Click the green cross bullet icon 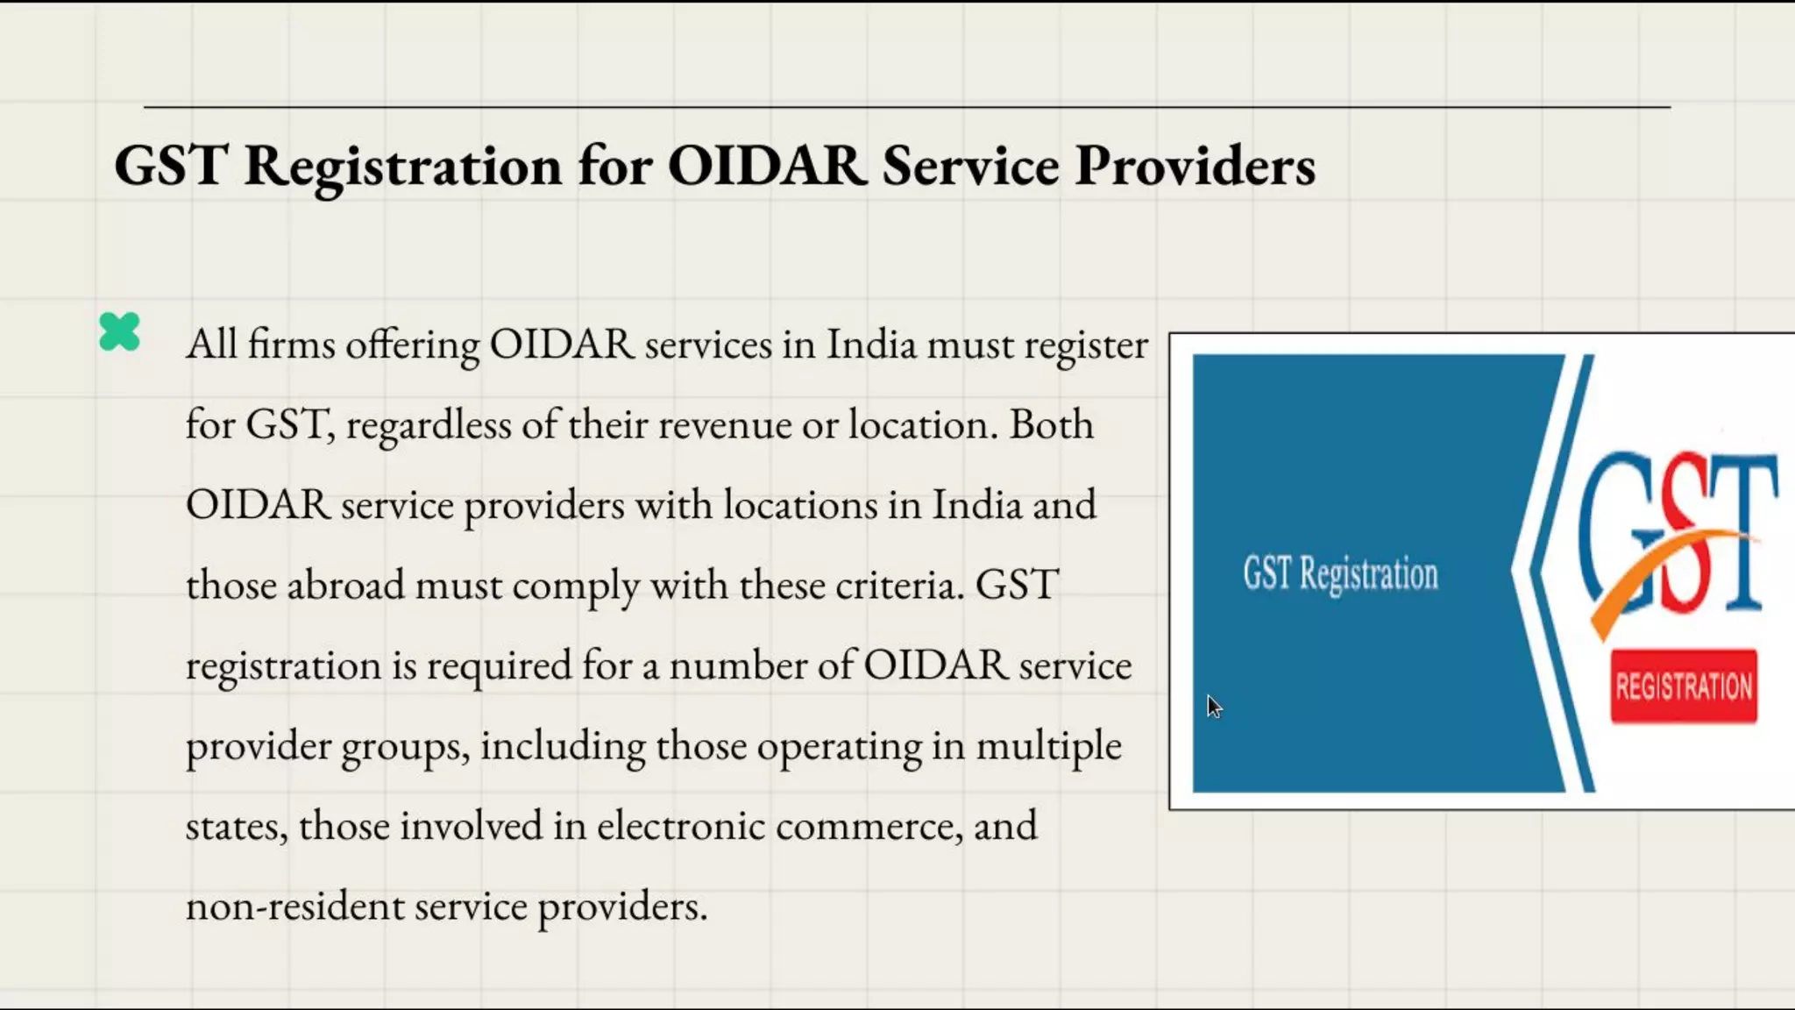tap(119, 332)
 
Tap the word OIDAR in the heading tap(767, 166)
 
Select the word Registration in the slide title tap(402, 166)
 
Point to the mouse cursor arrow tap(1212, 706)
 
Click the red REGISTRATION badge tap(1683, 686)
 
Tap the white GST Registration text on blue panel tap(1340, 574)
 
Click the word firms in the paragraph tap(291, 344)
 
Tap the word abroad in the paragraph tap(345, 585)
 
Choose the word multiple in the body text tap(1048, 746)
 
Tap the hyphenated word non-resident tap(294, 906)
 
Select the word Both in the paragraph tap(1051, 424)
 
